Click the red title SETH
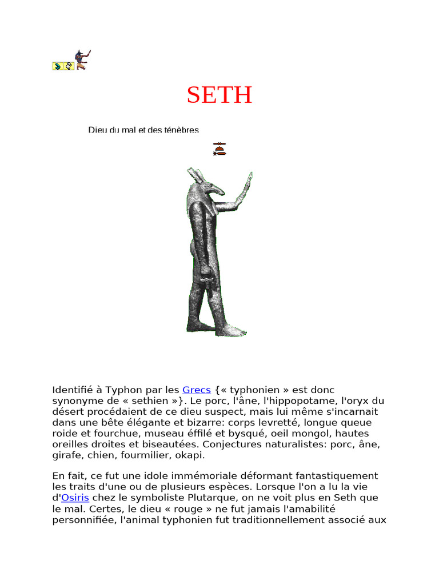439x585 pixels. point(219,95)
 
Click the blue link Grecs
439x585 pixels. point(197,390)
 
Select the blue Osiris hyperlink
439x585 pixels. point(75,498)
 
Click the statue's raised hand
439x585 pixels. point(248,183)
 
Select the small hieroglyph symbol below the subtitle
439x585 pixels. point(219,149)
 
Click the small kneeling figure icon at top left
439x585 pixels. point(82,60)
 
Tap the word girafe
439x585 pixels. point(67,455)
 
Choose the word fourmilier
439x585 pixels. point(139,455)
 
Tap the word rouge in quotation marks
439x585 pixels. point(171,508)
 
